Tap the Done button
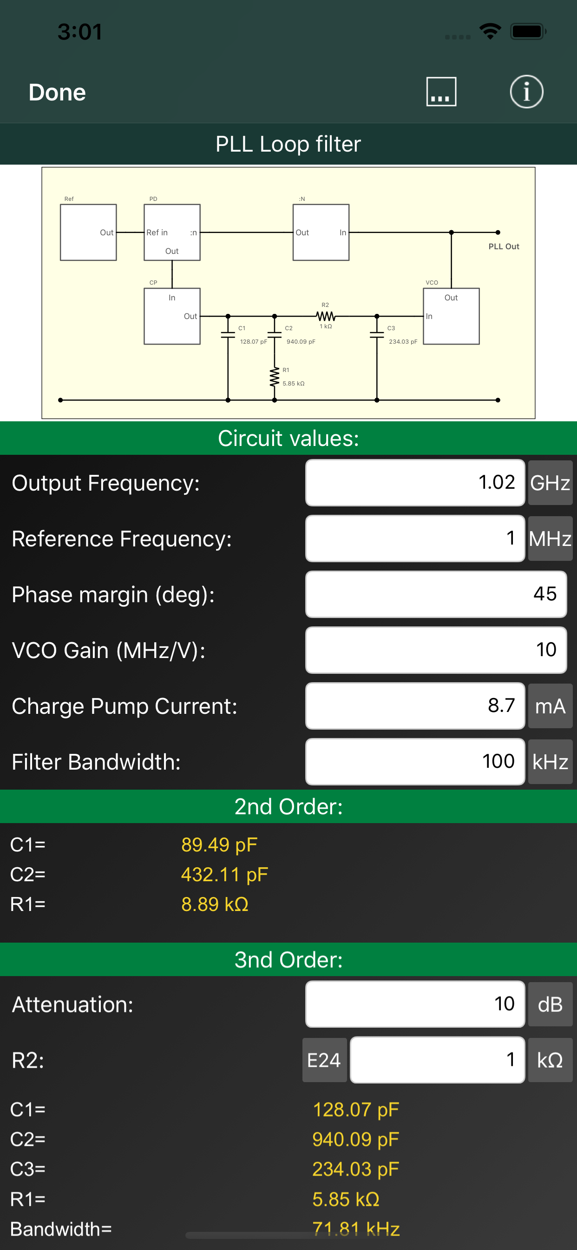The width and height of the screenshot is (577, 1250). (57, 92)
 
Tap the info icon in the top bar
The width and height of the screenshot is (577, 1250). (526, 92)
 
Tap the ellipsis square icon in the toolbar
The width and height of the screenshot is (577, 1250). (441, 92)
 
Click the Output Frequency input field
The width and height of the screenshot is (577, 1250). (414, 482)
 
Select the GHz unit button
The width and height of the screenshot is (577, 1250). (550, 482)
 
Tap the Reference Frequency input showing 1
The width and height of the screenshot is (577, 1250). (414, 538)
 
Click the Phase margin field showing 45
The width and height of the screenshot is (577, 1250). (435, 594)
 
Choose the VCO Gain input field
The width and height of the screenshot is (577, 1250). (435, 650)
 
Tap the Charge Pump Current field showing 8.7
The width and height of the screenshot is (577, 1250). (414, 705)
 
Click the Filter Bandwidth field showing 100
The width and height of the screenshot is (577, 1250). (414, 761)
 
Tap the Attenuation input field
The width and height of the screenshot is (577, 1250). (414, 1004)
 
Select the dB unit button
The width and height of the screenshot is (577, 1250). (550, 1004)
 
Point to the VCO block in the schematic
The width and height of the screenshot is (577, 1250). (451, 316)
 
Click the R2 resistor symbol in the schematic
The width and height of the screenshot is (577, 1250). (325, 316)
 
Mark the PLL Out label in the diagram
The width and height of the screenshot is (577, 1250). (503, 246)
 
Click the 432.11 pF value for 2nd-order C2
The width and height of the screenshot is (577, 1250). (224, 874)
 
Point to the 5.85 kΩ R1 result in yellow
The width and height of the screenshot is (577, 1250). (345, 1199)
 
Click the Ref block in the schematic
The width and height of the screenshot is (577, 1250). (88, 232)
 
